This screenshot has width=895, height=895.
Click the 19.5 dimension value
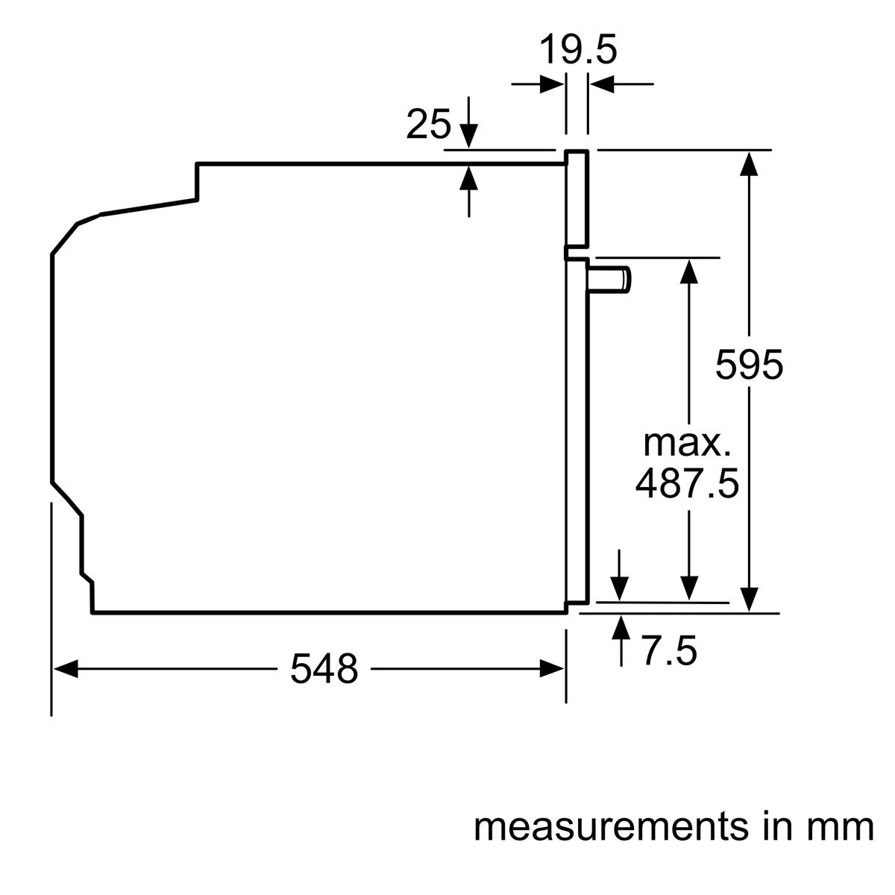point(578,50)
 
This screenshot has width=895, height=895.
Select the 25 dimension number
point(428,125)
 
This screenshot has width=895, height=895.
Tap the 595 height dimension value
point(749,365)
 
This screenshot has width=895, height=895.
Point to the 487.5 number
point(687,483)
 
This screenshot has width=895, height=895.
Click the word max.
point(687,444)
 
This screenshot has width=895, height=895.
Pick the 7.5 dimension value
point(670,651)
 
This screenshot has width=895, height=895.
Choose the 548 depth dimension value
point(324,668)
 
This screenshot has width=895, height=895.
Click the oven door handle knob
point(609,279)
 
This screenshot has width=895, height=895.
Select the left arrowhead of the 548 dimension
point(66,669)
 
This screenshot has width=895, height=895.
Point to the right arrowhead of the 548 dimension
point(552,669)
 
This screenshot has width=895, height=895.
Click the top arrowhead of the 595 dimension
point(749,163)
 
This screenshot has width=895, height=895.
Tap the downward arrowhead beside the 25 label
point(468,136)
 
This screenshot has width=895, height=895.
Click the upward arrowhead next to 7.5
point(621,627)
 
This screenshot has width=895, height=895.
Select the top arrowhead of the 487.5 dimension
point(688,271)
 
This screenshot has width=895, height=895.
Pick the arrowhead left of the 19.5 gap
point(552,84)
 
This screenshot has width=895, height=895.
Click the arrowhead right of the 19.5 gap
point(601,84)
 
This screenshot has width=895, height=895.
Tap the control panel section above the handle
point(577,199)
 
